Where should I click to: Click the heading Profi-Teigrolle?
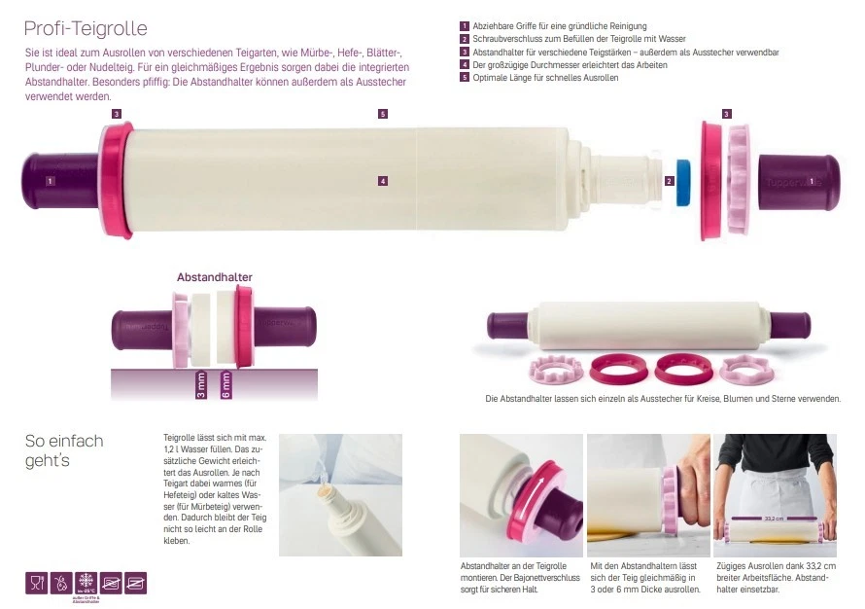86,29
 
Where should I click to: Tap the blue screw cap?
684,181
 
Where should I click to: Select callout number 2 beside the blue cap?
669,181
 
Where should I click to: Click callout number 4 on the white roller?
383,181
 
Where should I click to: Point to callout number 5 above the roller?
383,114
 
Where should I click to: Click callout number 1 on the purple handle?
50,181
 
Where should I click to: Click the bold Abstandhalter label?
214,277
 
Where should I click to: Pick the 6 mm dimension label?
225,384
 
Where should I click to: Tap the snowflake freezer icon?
86,582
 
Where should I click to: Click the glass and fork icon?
36,583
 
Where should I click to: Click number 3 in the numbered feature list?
465,52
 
